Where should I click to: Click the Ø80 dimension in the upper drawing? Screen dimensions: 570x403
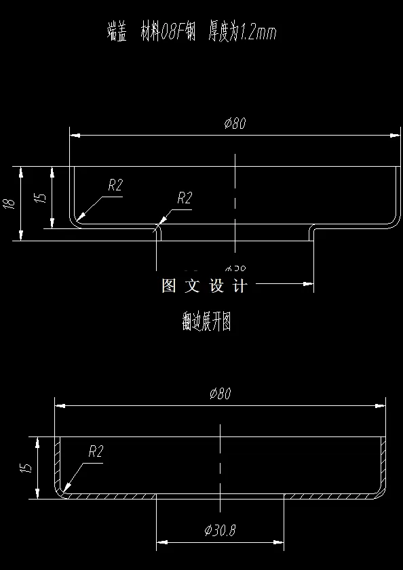(235, 123)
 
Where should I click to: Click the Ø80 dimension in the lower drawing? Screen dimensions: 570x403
(221, 393)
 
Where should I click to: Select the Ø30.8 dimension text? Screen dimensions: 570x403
(220, 530)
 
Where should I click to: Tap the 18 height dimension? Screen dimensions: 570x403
(9, 203)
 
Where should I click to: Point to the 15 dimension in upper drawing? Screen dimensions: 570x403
(40, 197)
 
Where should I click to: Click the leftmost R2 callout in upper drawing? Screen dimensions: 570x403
(115, 185)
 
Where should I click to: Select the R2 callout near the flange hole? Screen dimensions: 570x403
(185, 198)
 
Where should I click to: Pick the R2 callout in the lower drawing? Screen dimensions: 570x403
(95, 451)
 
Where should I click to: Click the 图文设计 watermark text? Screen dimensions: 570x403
(204, 286)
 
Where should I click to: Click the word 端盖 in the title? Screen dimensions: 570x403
(117, 32)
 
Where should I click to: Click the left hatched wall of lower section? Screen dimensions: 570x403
(58, 464)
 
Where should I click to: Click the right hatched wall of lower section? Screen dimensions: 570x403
(383, 464)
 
